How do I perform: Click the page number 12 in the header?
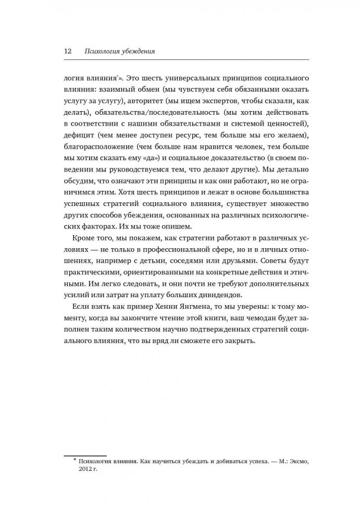pyautogui.click(x=68, y=51)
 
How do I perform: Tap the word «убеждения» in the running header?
pyautogui.click(x=137, y=51)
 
